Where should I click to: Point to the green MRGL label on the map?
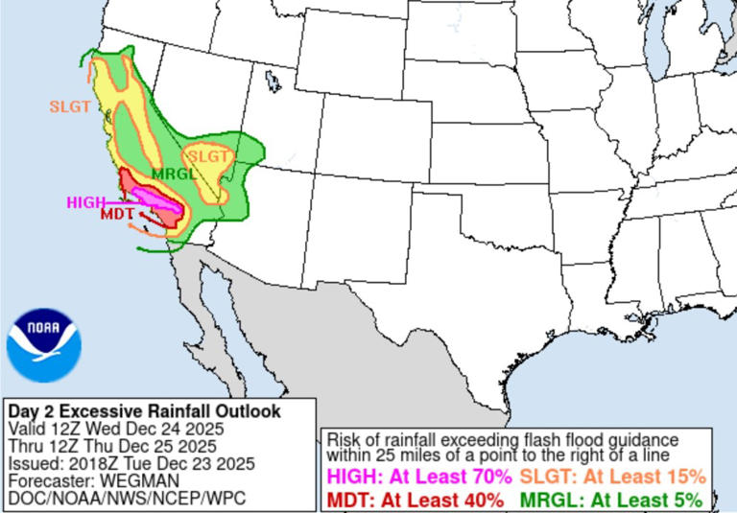point(171,175)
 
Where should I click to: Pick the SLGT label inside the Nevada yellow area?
point(207,155)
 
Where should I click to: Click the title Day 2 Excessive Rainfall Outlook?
point(144,411)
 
